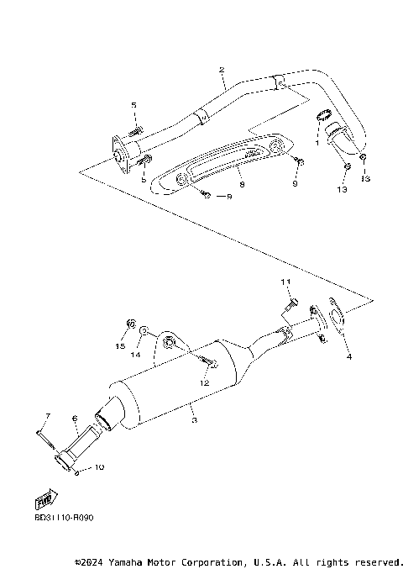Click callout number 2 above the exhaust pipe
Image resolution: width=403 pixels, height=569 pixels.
coord(221,71)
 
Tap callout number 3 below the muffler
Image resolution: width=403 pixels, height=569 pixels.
coord(195,419)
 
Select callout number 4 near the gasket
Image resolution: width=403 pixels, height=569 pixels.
coord(348,356)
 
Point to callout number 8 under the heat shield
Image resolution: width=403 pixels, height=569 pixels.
coord(240,182)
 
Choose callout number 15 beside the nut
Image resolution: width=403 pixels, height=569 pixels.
coord(121,345)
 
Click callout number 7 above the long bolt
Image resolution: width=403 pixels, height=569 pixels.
coord(48,417)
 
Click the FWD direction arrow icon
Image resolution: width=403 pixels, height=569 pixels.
coord(40,503)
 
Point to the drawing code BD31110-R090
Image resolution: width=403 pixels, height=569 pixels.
coord(64,518)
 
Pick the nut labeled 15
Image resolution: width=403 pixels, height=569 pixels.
coord(130,324)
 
